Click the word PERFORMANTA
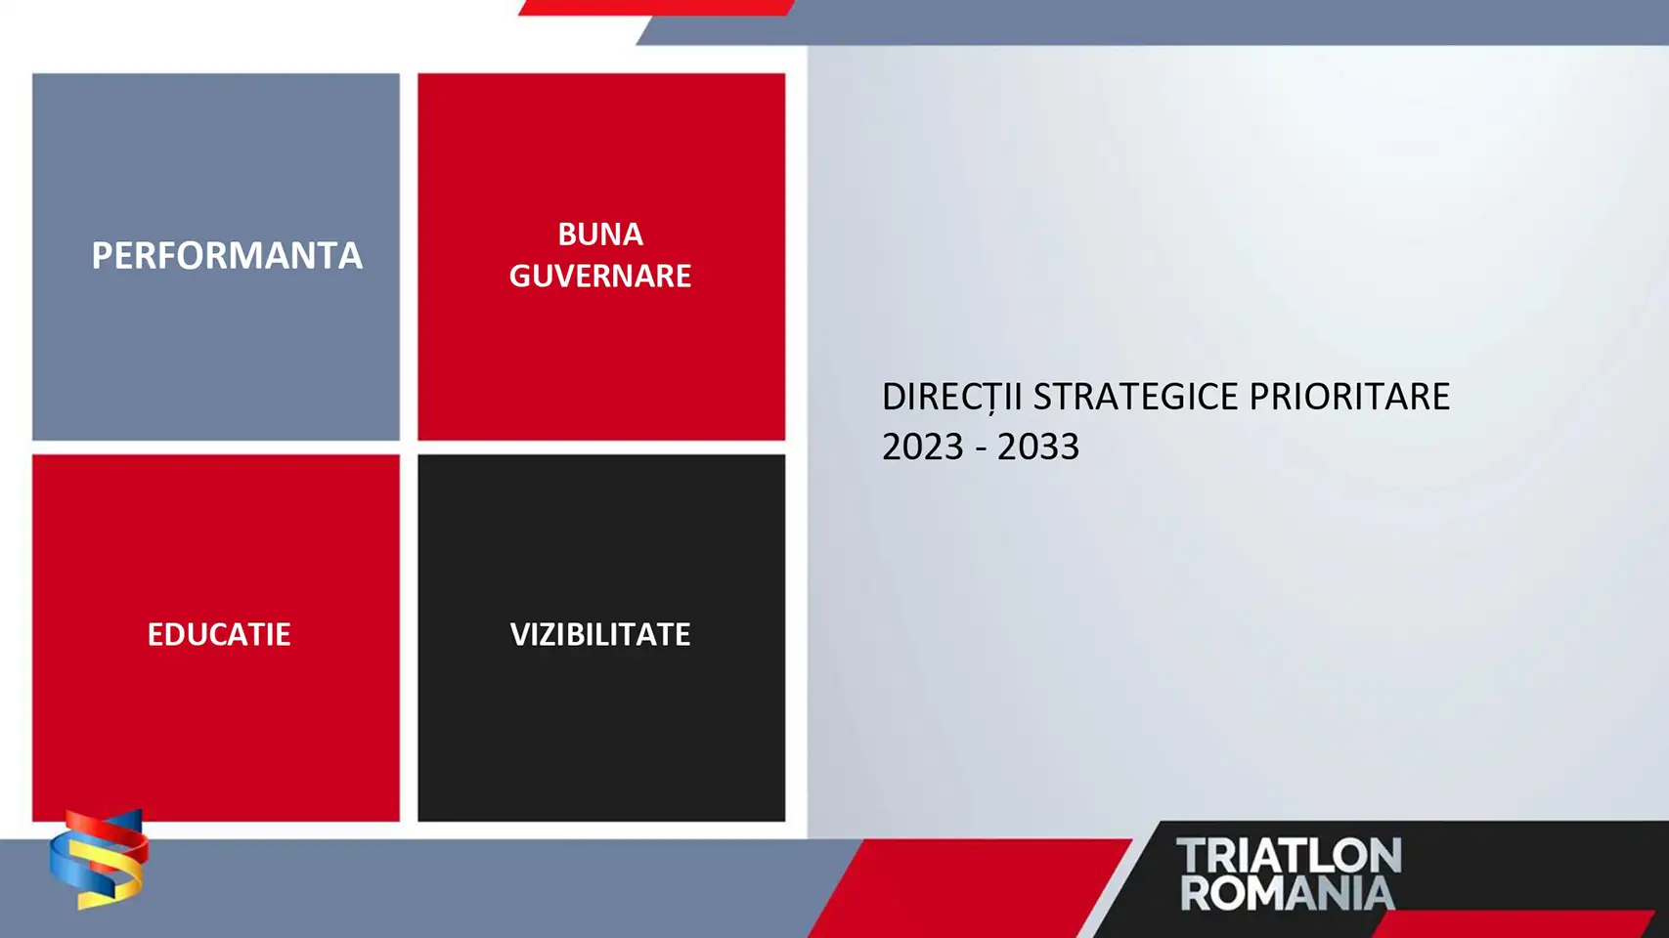click(227, 255)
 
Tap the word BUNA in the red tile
click(599, 234)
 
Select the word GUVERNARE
click(599, 276)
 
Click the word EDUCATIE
click(218, 634)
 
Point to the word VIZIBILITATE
click(599, 634)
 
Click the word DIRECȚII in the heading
click(951, 397)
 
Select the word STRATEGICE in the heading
click(1135, 396)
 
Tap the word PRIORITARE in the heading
click(1349, 396)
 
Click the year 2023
click(923, 447)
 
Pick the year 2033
click(1038, 447)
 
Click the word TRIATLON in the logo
click(1289, 856)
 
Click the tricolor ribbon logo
click(99, 859)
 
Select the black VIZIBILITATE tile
click(601, 638)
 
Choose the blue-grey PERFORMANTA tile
click(216, 257)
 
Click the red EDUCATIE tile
click(216, 638)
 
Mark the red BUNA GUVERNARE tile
click(601, 257)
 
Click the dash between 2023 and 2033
click(981, 448)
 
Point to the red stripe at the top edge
click(657, 8)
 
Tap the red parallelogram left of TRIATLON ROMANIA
click(970, 888)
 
